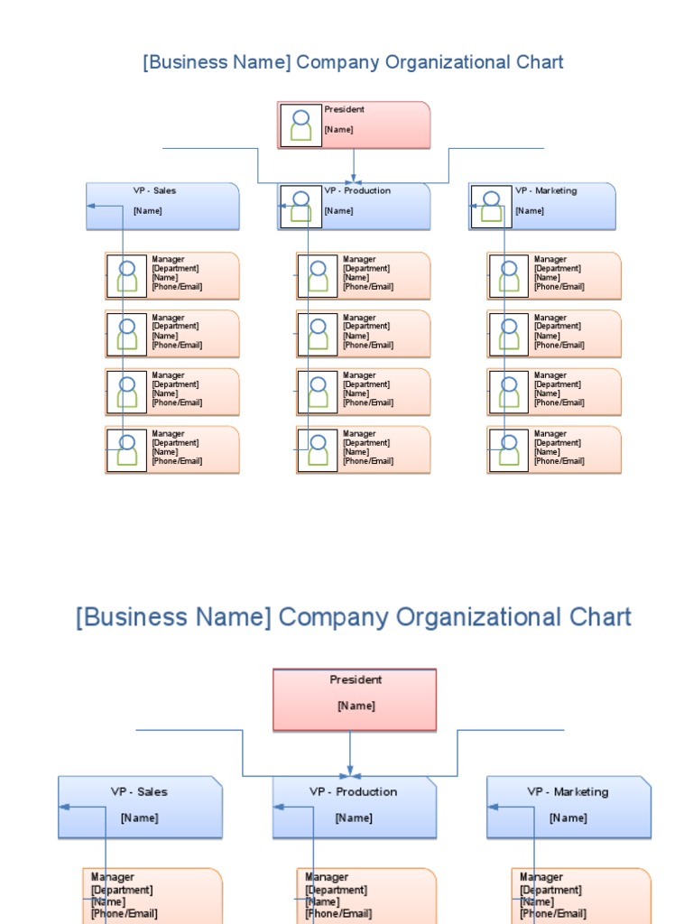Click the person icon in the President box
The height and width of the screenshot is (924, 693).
(300, 125)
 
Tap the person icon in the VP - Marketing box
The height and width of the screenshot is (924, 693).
(491, 207)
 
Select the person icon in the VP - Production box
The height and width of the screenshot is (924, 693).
(300, 207)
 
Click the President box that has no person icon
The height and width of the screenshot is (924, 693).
(355, 699)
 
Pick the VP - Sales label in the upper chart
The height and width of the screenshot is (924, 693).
(154, 190)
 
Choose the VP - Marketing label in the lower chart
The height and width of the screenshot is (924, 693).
(568, 791)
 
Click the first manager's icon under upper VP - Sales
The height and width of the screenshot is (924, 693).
(127, 275)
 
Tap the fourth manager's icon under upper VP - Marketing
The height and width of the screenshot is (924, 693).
(509, 449)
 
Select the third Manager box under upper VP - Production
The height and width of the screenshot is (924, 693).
(363, 392)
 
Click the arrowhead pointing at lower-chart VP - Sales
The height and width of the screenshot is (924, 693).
(65, 808)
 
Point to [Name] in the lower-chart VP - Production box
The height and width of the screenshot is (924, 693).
(354, 818)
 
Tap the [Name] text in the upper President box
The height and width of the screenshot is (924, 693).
(338, 129)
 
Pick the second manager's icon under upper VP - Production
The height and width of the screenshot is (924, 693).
(318, 333)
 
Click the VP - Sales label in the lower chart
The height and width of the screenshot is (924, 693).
(139, 791)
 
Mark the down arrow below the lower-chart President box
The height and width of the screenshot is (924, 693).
(350, 767)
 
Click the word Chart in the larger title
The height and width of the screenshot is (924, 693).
(600, 617)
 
